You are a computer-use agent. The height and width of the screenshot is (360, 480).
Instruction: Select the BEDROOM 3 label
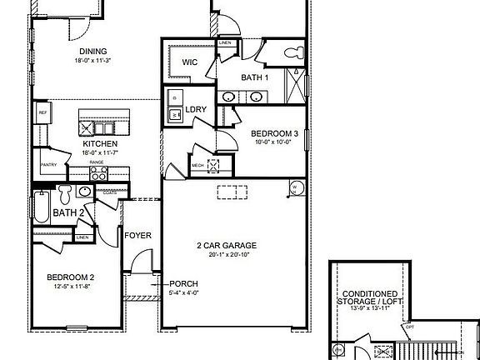pyautogui.click(x=274, y=133)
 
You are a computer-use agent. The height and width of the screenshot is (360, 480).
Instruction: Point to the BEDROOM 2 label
pyautogui.click(x=69, y=277)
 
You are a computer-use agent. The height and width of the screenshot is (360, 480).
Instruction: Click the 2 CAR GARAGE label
pyautogui.click(x=226, y=245)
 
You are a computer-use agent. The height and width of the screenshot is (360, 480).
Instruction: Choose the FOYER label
pyautogui.click(x=137, y=235)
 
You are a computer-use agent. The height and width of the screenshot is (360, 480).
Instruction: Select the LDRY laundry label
pyautogui.click(x=196, y=109)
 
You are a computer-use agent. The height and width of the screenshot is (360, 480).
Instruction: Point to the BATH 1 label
pyautogui.click(x=255, y=77)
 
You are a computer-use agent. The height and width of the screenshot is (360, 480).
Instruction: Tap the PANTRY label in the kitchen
pyautogui.click(x=48, y=165)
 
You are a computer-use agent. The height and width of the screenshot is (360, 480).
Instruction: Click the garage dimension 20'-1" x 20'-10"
pyautogui.click(x=226, y=253)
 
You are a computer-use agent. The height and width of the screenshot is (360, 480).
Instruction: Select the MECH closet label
pyautogui.click(x=197, y=165)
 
